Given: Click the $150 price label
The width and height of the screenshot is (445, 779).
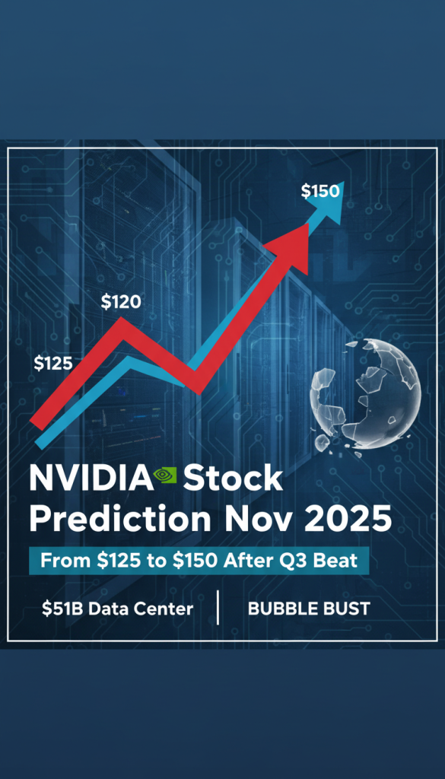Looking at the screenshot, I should (x=320, y=191).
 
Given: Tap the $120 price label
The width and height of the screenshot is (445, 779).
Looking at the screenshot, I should (x=121, y=302).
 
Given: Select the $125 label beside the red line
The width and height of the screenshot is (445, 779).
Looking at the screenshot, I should (x=53, y=363).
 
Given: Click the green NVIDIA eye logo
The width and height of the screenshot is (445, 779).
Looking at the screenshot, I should (x=165, y=476).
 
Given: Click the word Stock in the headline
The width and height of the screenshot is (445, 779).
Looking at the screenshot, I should (x=233, y=479).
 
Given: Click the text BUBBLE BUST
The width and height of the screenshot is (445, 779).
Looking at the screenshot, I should (x=309, y=609).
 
